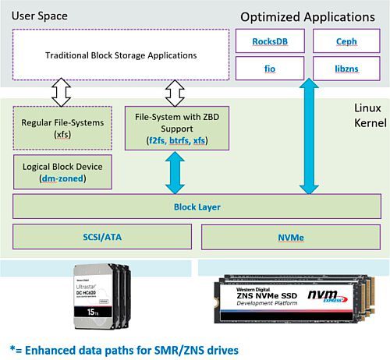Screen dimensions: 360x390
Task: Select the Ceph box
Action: (345, 41)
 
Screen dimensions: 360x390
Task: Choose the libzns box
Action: (345, 68)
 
